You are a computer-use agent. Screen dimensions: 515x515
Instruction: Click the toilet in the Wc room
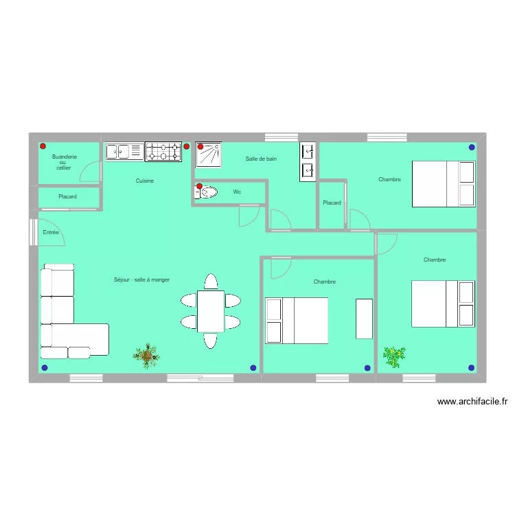coord(206,192)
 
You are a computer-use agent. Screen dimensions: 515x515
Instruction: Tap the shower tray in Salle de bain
coord(208,154)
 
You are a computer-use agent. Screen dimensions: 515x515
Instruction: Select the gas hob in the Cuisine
coord(163,152)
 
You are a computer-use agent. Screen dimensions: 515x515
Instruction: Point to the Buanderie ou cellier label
coord(64,162)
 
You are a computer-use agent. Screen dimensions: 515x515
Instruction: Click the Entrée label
coord(51,232)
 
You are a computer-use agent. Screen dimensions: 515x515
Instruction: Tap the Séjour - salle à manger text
coord(141,280)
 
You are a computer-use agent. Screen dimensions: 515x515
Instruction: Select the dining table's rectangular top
coord(211,311)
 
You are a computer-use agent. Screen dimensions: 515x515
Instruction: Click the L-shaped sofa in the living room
coord(74,311)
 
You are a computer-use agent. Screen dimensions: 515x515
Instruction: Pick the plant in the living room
coord(146,356)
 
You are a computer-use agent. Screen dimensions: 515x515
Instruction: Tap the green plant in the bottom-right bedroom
coord(394,357)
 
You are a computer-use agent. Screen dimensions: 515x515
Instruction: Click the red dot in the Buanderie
coord(43,146)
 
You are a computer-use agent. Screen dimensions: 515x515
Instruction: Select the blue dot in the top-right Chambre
coord(472,148)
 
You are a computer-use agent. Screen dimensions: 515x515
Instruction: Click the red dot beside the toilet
coord(199,186)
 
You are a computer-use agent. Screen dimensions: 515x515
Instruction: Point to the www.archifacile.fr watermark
coord(472,402)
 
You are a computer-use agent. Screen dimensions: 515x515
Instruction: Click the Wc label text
coord(237,192)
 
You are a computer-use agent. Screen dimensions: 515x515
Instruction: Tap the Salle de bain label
coord(261,159)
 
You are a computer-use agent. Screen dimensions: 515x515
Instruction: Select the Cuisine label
coord(144,181)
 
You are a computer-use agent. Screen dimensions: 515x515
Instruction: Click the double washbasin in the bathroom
coord(308,161)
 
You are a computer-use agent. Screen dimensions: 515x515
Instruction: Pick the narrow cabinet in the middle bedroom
coord(364,319)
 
